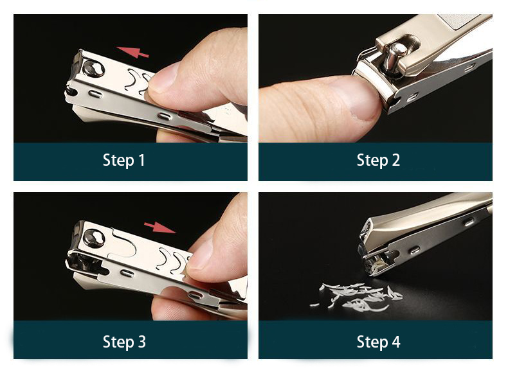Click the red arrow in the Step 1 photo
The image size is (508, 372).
coord(132,52)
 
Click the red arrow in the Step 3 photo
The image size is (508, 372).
coord(160,227)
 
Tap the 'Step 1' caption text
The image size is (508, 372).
coord(123,160)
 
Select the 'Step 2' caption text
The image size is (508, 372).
coord(378,160)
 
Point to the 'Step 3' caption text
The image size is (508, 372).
coord(123,342)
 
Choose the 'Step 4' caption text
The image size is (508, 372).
coord(378,342)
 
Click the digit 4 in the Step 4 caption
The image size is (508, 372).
coord(395,342)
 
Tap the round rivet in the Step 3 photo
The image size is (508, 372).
coord(94,239)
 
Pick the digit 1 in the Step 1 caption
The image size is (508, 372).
coord(141,160)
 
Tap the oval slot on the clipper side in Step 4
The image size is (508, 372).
coord(414,250)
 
